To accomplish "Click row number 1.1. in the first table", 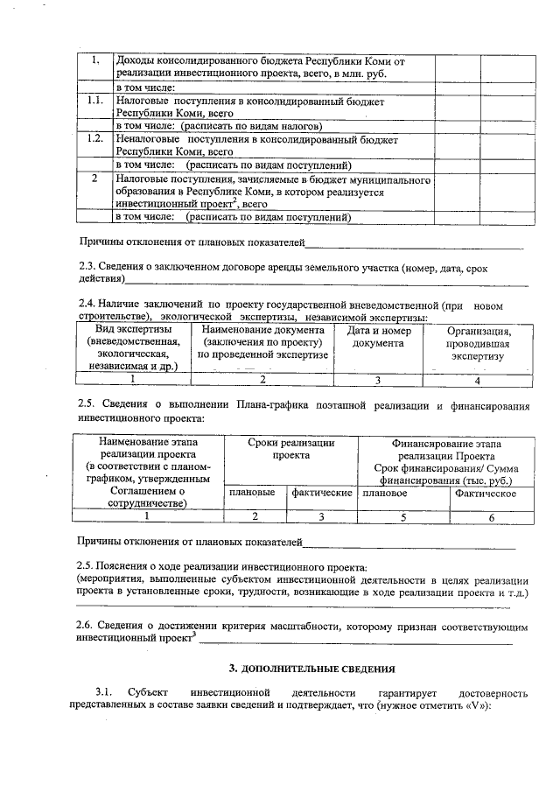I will [95, 102].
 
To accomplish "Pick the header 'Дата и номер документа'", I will [378, 337].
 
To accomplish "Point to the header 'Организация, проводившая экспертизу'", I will [478, 343].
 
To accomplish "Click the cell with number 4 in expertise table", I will [478, 380].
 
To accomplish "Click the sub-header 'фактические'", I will [322, 494].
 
